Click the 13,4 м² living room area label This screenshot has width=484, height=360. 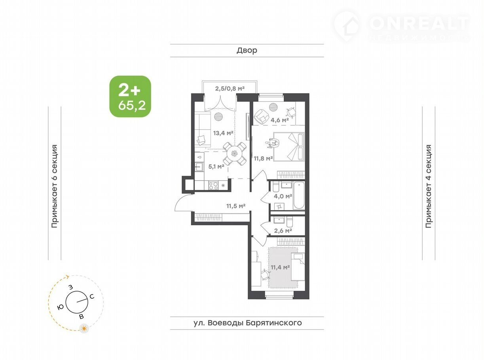(x=223, y=133)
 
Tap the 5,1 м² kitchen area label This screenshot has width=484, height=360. (x=216, y=167)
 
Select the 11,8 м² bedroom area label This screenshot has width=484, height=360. (x=263, y=158)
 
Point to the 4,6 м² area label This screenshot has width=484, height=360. (x=279, y=120)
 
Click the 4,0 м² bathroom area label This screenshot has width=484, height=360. (x=283, y=196)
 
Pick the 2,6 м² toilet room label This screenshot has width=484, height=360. (x=283, y=230)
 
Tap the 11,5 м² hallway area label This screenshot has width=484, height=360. (x=236, y=206)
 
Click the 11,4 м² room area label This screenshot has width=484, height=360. (x=280, y=267)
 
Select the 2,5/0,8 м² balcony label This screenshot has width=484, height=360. (x=230, y=89)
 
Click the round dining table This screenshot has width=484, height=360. (x=234, y=154)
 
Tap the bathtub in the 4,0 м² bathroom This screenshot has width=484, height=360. (x=299, y=195)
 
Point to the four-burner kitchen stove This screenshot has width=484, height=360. (x=213, y=186)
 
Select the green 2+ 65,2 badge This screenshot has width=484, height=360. (x=130, y=97)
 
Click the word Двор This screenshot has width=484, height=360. (x=247, y=50)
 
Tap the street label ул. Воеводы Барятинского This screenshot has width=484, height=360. (x=248, y=322)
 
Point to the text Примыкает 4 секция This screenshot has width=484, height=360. (x=429, y=186)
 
